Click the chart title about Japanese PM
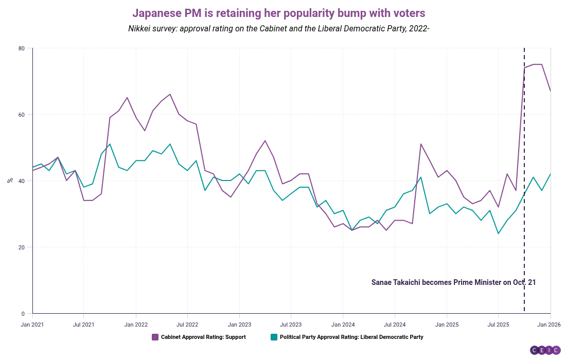pos(279,12)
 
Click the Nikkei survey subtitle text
pos(279,29)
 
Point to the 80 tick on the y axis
pos(22,48)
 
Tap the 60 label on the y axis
pos(22,115)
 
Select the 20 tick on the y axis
pos(22,247)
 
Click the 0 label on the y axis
pos(23,314)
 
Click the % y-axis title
pos(10,181)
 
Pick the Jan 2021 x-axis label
pos(32,325)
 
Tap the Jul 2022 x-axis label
pos(187,325)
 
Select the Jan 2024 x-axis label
pos(343,325)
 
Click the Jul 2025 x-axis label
pos(498,325)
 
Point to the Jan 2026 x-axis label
pos(550,325)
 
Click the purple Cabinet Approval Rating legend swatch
pos(155,337)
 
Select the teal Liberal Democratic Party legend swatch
pos(274,337)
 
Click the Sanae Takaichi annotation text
pos(453,282)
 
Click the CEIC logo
pos(545,350)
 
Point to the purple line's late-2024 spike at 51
pos(421,144)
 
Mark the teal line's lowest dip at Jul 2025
pos(498,233)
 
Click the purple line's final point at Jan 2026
pos(551,91)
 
